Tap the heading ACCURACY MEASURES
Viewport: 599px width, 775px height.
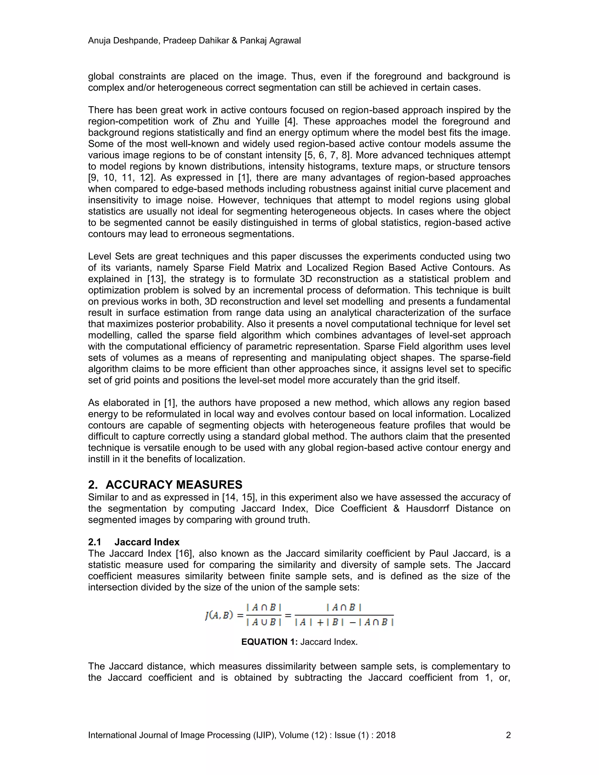(x=174, y=484)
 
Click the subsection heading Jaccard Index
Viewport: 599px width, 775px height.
(x=147, y=542)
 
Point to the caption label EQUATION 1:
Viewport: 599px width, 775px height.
(x=269, y=642)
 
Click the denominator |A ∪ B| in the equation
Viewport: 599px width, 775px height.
(x=263, y=622)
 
